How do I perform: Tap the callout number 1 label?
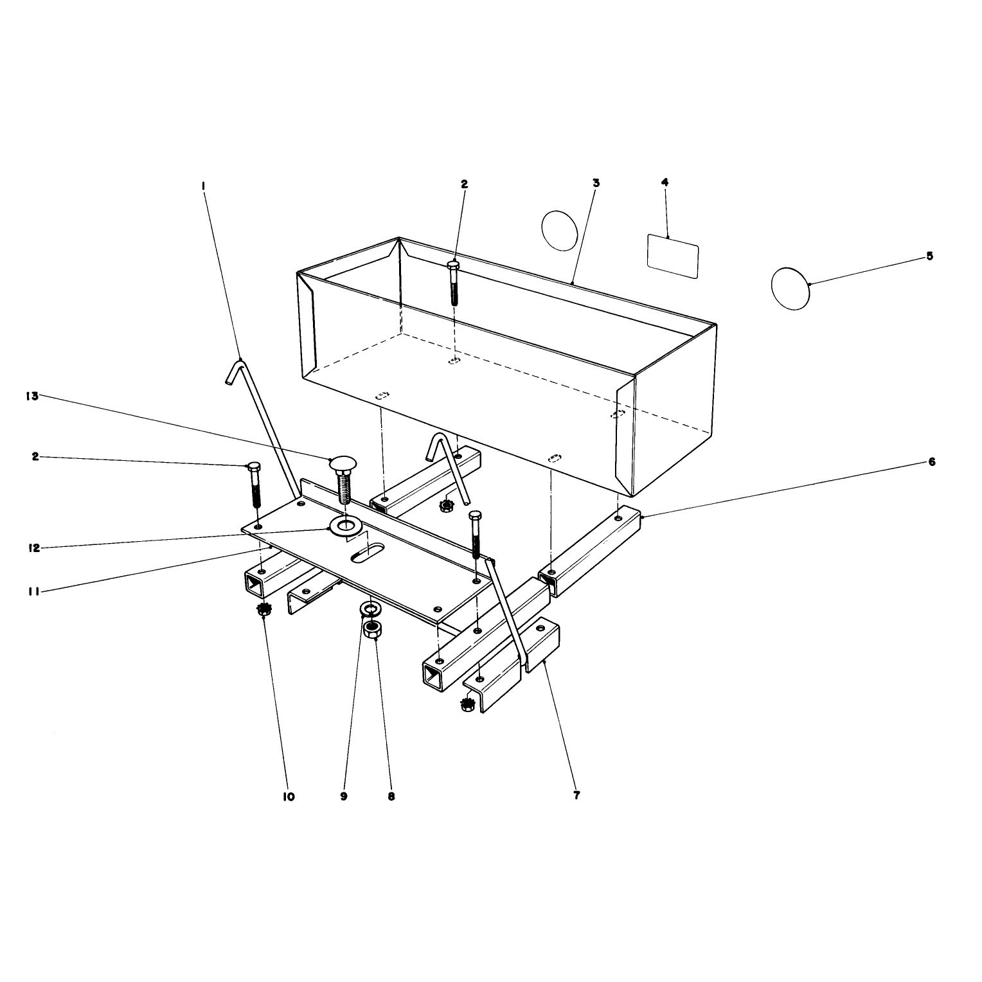coord(203,186)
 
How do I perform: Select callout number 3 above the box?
coord(596,183)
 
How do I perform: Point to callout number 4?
coord(665,183)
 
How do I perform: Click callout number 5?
coord(929,256)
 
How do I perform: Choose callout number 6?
coord(932,461)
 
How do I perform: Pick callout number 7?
coord(576,796)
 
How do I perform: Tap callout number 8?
coord(391,796)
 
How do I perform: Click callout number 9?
coord(344,796)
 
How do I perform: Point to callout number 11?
coord(34,592)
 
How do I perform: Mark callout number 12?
coord(34,548)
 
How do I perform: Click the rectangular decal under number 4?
coord(672,256)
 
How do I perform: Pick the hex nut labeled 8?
coord(372,629)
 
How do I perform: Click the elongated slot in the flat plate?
coord(367,553)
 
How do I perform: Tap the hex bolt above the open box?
coord(454,283)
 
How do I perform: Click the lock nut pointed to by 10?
coord(263,609)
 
